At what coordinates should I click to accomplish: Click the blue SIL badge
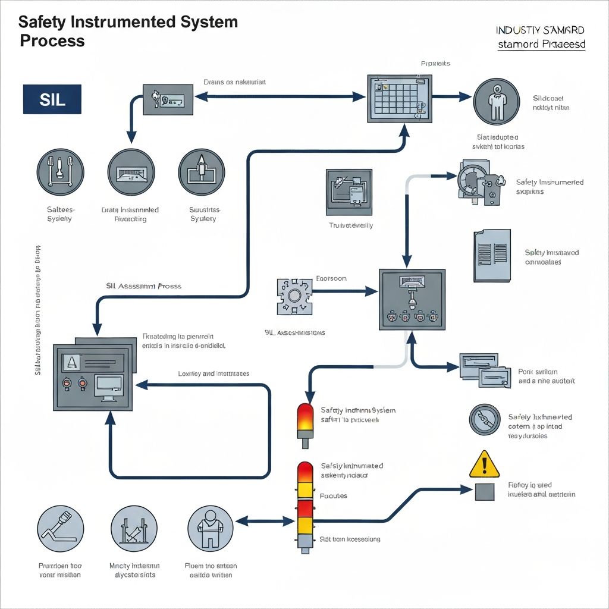pos(52,99)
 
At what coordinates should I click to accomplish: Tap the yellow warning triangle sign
pos(485,464)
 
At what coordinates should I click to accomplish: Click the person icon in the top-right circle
pos(497,101)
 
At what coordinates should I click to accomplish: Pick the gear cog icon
pos(294,296)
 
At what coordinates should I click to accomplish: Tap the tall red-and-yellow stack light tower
pos(305,506)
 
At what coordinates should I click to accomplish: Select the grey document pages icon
pos(492,255)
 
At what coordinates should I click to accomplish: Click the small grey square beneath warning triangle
pos(485,491)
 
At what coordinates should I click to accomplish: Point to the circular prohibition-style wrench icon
pos(485,420)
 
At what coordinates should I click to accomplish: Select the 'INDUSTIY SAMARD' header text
pos(540,30)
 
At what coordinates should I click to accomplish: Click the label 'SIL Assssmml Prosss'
pos(143,286)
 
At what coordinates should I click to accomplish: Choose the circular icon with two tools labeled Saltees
pos(60,172)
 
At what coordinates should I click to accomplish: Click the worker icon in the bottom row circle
pos(210,529)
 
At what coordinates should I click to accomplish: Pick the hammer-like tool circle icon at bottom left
pos(60,529)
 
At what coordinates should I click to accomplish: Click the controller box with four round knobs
pos(412,299)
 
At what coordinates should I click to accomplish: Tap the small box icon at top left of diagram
pos(168,99)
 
